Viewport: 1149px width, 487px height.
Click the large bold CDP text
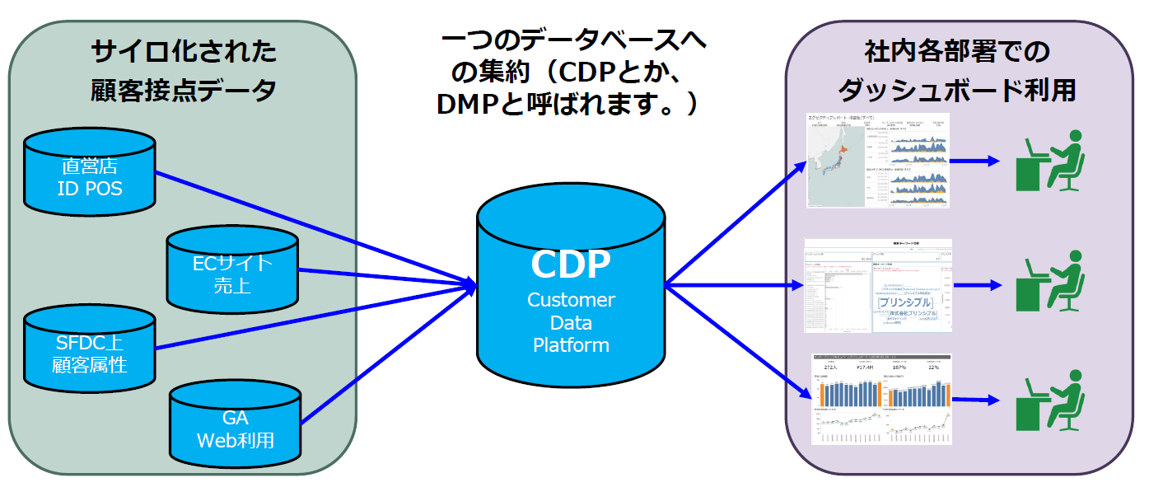click(x=571, y=264)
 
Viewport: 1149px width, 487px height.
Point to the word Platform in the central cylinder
click(x=571, y=345)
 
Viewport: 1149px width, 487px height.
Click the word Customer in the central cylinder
click(x=571, y=300)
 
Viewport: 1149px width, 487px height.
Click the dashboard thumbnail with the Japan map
click(x=878, y=160)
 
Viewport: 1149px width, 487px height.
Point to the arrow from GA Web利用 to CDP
click(x=387, y=354)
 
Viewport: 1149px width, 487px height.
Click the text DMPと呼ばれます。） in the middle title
click(x=567, y=104)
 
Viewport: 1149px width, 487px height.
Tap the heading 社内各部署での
click(x=956, y=53)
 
